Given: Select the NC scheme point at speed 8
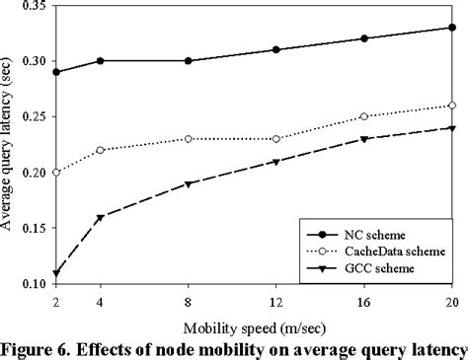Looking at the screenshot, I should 188,61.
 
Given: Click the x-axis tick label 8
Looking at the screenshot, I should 188,300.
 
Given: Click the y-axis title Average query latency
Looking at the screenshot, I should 9,148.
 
